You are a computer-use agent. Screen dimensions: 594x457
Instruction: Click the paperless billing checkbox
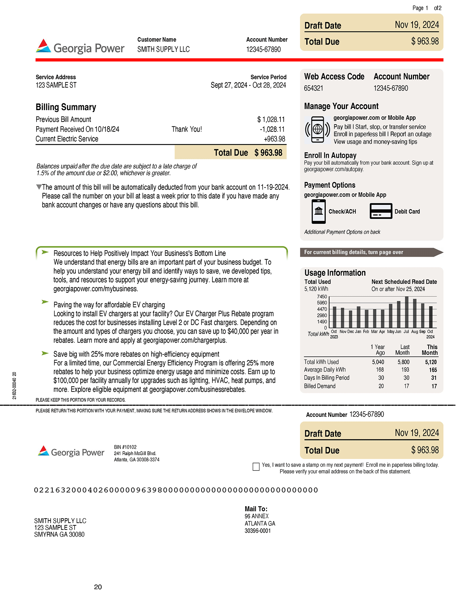tap(256, 467)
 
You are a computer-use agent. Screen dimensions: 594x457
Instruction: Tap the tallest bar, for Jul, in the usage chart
tap(407, 312)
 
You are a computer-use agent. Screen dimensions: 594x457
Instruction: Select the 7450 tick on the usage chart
tap(322, 297)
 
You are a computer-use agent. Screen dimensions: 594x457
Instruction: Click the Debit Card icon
tap(381, 211)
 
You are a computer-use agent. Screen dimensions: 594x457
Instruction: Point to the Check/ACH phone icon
tap(319, 211)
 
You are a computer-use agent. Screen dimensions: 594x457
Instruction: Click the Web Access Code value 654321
tap(313, 88)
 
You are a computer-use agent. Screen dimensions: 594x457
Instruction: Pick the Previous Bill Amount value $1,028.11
tap(271, 120)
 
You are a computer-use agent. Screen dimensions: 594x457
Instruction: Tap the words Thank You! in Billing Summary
tap(187, 129)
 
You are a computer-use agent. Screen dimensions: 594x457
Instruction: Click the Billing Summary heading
tap(66, 107)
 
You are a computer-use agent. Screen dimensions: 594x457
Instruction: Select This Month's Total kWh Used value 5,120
tap(431, 362)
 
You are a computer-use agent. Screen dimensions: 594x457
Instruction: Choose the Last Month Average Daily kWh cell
tap(405, 370)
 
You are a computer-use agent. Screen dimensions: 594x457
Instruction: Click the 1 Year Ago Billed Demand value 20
tap(381, 386)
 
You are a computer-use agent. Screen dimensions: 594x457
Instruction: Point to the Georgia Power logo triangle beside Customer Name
tap(43, 46)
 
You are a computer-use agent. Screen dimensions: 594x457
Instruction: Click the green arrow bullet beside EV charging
tap(45, 302)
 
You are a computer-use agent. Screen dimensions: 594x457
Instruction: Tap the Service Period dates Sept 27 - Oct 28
tap(248, 85)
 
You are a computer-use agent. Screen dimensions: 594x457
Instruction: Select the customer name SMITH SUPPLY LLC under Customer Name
tap(163, 49)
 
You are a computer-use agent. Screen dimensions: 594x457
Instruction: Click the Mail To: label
tap(256, 509)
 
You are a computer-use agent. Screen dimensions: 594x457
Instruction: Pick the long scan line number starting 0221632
tap(176, 490)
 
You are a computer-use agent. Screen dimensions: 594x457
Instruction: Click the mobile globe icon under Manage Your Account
tap(318, 130)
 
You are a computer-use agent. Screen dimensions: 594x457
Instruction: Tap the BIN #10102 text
tap(125, 447)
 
